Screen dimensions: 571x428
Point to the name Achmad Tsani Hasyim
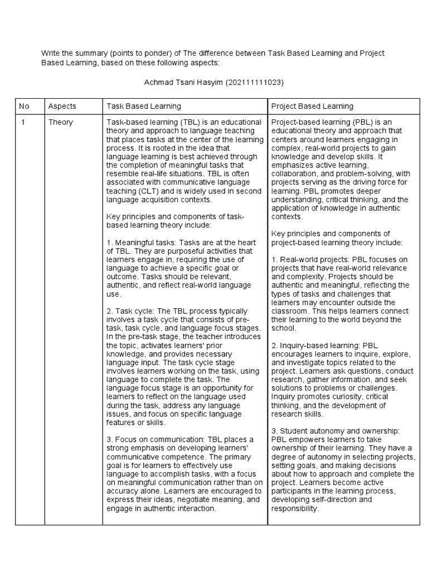coord(183,82)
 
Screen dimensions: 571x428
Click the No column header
coord(24,106)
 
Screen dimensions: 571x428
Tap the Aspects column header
coord(62,106)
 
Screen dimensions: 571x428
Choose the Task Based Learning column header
coord(143,106)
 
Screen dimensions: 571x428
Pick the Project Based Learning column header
coord(312,106)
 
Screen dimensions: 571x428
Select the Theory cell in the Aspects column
coord(60,122)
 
